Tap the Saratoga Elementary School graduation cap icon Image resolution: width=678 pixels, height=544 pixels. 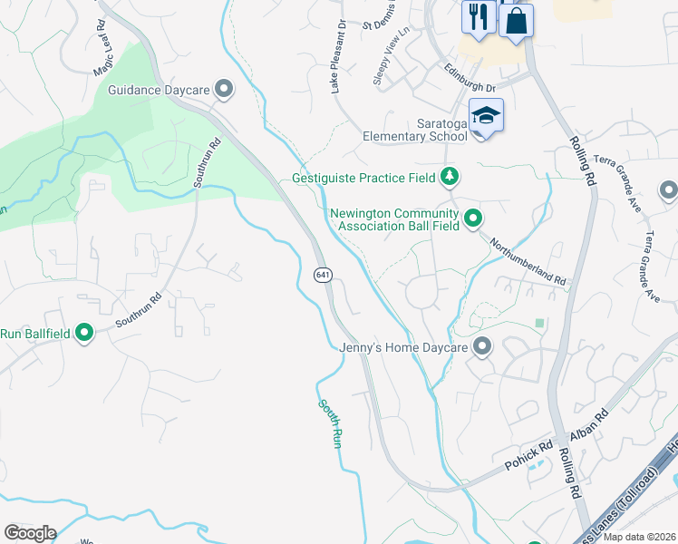[486, 117]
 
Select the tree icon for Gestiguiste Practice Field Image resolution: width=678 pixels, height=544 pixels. [448, 177]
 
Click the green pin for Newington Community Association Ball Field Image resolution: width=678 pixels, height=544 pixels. [472, 219]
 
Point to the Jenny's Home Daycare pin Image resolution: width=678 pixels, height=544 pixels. [482, 346]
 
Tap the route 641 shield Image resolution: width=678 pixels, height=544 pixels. [323, 274]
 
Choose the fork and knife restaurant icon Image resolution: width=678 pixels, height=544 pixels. [477, 15]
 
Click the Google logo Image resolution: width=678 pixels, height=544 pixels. [30, 533]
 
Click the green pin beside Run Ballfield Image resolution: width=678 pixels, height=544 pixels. [84, 334]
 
